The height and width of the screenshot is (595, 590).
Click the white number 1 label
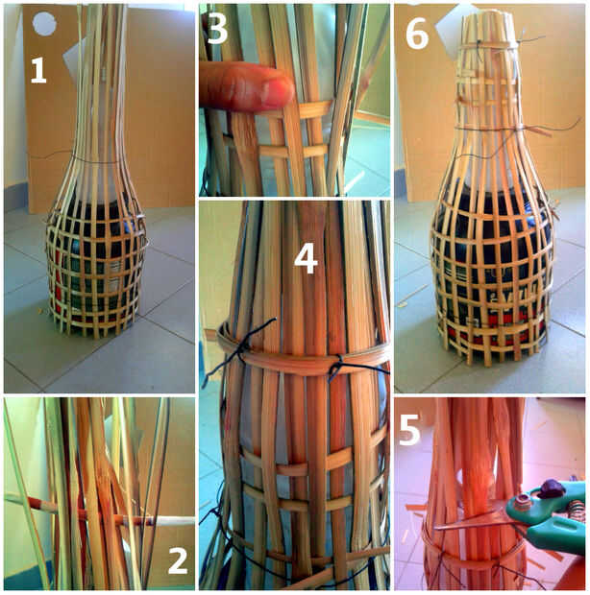[x=38, y=71]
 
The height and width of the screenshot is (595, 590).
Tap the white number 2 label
[x=178, y=560]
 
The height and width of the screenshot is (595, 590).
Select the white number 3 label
[x=217, y=30]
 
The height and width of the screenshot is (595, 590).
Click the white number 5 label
[x=410, y=430]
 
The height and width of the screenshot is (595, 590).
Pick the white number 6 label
[x=417, y=35]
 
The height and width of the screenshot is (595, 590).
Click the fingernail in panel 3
[x=278, y=92]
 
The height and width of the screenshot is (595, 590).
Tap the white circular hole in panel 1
[x=44, y=24]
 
